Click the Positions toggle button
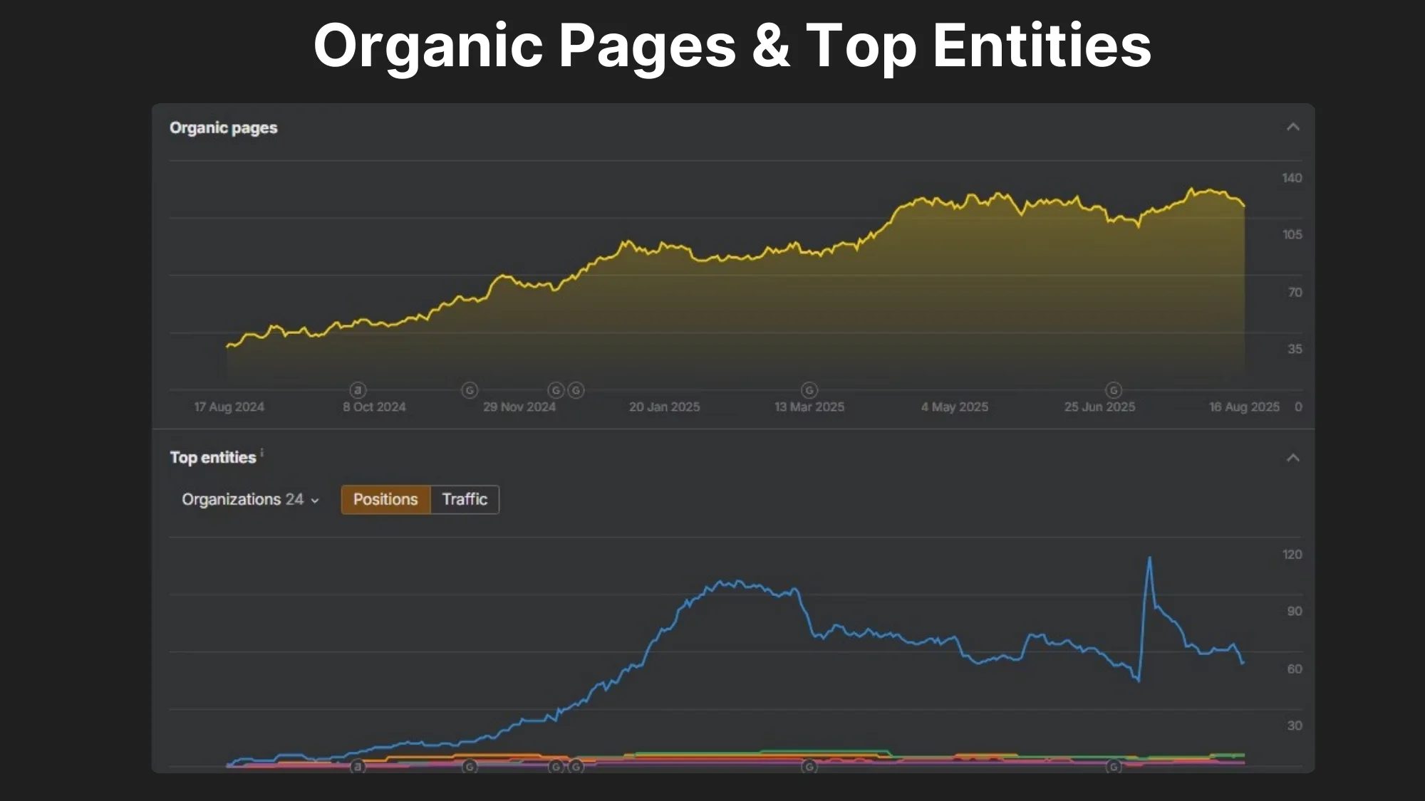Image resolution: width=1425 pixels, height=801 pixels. (x=385, y=499)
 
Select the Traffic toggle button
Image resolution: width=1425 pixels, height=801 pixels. (x=465, y=499)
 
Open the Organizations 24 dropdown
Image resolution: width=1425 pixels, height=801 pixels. (x=250, y=499)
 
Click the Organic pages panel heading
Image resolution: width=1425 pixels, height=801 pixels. (x=223, y=128)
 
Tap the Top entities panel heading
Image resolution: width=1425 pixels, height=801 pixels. (x=212, y=457)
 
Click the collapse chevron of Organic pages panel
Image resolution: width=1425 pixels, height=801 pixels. (x=1292, y=127)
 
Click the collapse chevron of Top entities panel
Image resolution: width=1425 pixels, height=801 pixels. (x=1292, y=458)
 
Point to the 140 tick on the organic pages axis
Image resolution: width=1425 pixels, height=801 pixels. (x=1291, y=178)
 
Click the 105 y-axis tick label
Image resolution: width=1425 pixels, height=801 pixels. (x=1292, y=234)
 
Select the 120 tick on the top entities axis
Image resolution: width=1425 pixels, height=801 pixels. (x=1292, y=554)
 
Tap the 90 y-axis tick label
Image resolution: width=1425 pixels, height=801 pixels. (x=1294, y=611)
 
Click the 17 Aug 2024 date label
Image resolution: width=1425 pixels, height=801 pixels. (x=229, y=407)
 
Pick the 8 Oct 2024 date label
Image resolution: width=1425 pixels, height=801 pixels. (x=374, y=407)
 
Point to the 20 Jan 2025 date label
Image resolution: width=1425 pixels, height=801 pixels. (x=664, y=407)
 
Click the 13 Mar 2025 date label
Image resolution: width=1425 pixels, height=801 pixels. (x=809, y=407)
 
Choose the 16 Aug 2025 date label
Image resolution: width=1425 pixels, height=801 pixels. (x=1244, y=407)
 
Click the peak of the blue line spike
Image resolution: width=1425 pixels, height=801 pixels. (x=1149, y=558)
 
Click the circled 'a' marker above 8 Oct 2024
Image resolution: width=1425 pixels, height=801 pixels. (x=358, y=389)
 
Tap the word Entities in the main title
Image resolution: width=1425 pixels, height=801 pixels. (x=1042, y=46)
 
